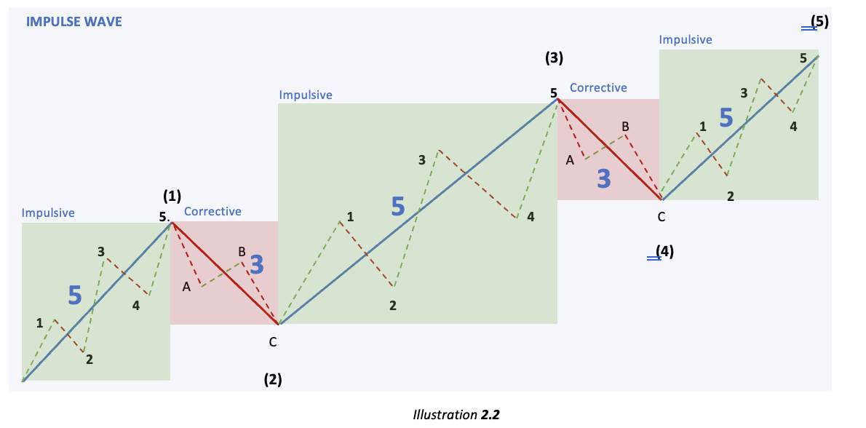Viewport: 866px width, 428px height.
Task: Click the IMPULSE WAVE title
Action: [x=74, y=22]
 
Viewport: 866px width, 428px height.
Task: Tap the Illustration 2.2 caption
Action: [x=456, y=415]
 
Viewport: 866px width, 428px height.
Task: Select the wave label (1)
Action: [x=172, y=195]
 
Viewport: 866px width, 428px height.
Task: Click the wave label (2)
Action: [x=272, y=379]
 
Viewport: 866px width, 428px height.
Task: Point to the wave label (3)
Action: [x=555, y=58]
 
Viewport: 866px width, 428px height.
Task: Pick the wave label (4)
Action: [x=664, y=252]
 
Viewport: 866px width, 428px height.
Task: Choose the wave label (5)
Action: [x=819, y=21]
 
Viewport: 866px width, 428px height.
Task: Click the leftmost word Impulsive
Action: [x=48, y=213]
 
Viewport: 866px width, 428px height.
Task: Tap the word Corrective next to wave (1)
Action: [x=212, y=212]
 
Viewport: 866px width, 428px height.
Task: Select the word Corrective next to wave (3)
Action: [x=598, y=88]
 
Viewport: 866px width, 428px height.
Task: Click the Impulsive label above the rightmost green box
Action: [x=686, y=40]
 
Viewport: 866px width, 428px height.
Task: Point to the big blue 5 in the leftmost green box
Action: [x=74, y=296]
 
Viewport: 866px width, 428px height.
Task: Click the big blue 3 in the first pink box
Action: [x=256, y=265]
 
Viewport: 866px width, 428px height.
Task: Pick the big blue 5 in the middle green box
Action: [x=397, y=207]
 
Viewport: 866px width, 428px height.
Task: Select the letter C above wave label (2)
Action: [x=272, y=341]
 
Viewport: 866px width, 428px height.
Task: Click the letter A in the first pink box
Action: [x=186, y=288]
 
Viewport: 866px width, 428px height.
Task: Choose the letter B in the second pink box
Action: [x=625, y=127]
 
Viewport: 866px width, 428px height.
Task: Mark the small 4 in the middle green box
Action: [x=531, y=217]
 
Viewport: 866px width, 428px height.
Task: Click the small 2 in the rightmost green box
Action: [x=730, y=196]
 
